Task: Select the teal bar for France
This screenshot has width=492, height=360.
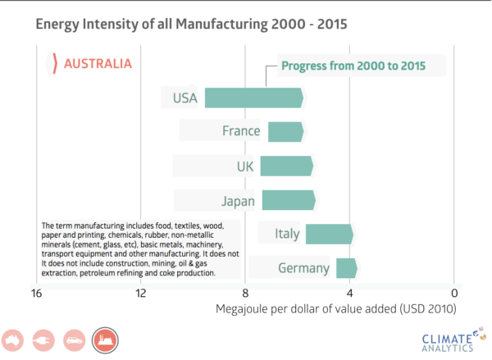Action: [x=285, y=131]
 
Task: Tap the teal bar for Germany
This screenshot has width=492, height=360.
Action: [x=346, y=268]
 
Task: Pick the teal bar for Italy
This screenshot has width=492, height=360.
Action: [x=329, y=235]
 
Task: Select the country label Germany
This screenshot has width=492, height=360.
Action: [x=303, y=269]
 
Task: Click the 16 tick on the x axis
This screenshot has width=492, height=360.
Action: [x=36, y=293]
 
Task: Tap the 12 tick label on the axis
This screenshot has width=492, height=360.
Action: [x=140, y=293]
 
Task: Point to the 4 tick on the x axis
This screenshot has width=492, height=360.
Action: [x=349, y=293]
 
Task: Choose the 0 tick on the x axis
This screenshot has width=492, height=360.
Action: [x=453, y=293]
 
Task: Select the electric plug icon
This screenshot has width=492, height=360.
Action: [x=44, y=339]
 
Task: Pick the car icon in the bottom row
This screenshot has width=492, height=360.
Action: [x=74, y=339]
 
